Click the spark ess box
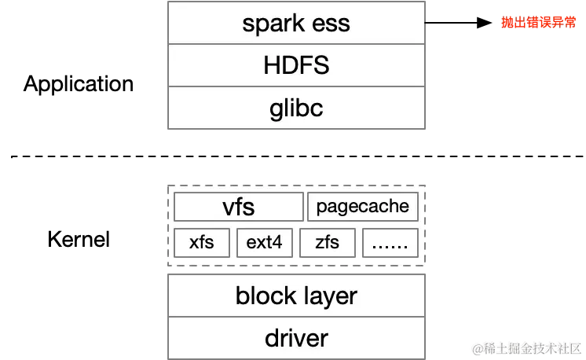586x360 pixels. pyautogui.click(x=295, y=24)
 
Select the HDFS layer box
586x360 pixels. pyautogui.click(x=295, y=65)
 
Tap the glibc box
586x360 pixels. pyautogui.click(x=295, y=107)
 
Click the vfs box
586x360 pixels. pyautogui.click(x=238, y=207)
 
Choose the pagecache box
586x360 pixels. pyautogui.click(x=362, y=207)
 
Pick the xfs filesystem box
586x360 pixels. pyautogui.click(x=202, y=242)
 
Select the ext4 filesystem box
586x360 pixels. pyautogui.click(x=264, y=242)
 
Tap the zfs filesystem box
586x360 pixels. pyautogui.click(x=328, y=242)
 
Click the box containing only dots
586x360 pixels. pyautogui.click(x=390, y=242)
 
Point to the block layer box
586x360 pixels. pyautogui.click(x=295, y=296)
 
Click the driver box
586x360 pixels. pyautogui.click(x=295, y=338)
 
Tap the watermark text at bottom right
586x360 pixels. pyautogui.click(x=526, y=347)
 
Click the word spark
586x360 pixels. pyautogui.click(x=273, y=24)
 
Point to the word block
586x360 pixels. pyautogui.click(x=265, y=296)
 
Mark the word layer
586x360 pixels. pyautogui.click(x=327, y=296)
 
